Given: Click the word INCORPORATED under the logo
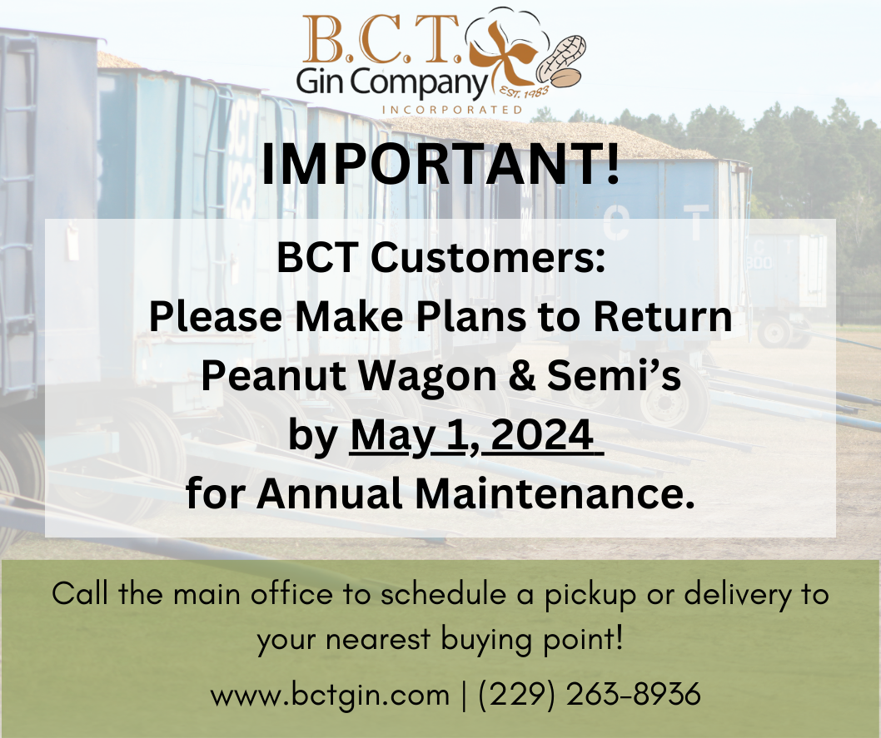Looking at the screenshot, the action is click(x=452, y=110).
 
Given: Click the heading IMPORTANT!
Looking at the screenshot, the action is click(x=440, y=164).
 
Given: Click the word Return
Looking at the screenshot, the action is click(x=663, y=316).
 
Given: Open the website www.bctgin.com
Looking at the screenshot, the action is click(x=330, y=695).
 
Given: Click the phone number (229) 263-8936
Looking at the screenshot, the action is click(x=590, y=694).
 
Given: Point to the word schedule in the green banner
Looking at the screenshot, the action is click(x=443, y=594).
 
